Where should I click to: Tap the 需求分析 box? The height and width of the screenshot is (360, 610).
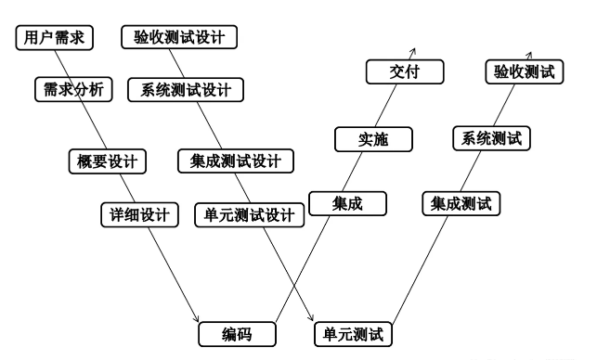tap(73, 90)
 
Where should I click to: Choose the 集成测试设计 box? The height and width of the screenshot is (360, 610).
tap(235, 161)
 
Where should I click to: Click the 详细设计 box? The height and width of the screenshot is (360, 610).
tap(136, 214)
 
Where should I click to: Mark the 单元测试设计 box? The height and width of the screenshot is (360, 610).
tap(248, 215)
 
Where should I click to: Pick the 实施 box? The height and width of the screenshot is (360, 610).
tap(372, 140)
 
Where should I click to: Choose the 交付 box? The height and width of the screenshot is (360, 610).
tap(404, 71)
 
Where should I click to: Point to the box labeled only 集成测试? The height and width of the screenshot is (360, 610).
tap(461, 203)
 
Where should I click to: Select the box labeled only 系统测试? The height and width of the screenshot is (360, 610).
tap(490, 139)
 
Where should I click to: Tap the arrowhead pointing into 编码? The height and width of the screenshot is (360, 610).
tap(197, 320)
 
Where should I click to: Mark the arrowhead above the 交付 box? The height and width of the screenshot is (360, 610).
tap(415, 53)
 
